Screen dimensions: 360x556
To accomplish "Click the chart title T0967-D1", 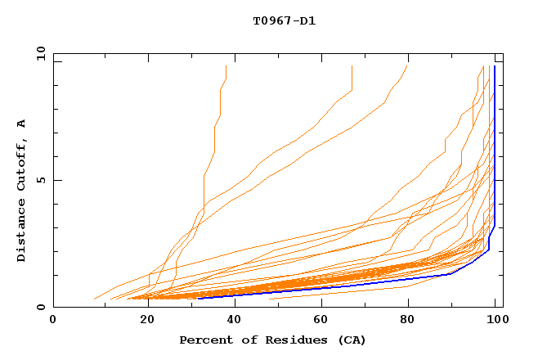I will [x=284, y=20].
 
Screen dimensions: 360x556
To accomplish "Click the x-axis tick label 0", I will [x=53, y=322].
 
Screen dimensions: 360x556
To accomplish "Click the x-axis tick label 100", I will [x=495, y=322].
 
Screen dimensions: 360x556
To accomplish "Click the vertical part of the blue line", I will [x=495, y=147].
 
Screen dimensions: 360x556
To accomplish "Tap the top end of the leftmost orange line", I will [x=226, y=66].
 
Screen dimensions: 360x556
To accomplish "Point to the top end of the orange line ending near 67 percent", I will [x=352, y=66].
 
